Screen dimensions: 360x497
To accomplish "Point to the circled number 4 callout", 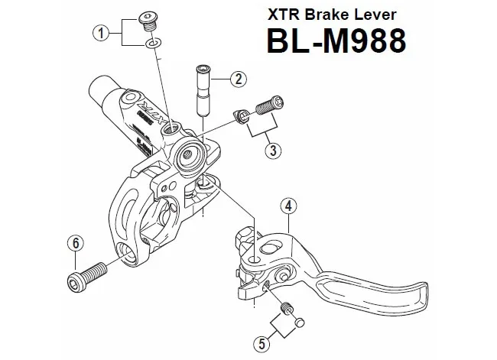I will tap(288, 205).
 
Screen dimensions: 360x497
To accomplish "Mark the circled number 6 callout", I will tap(73, 243).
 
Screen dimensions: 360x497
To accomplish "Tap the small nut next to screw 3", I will tap(242, 115).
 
